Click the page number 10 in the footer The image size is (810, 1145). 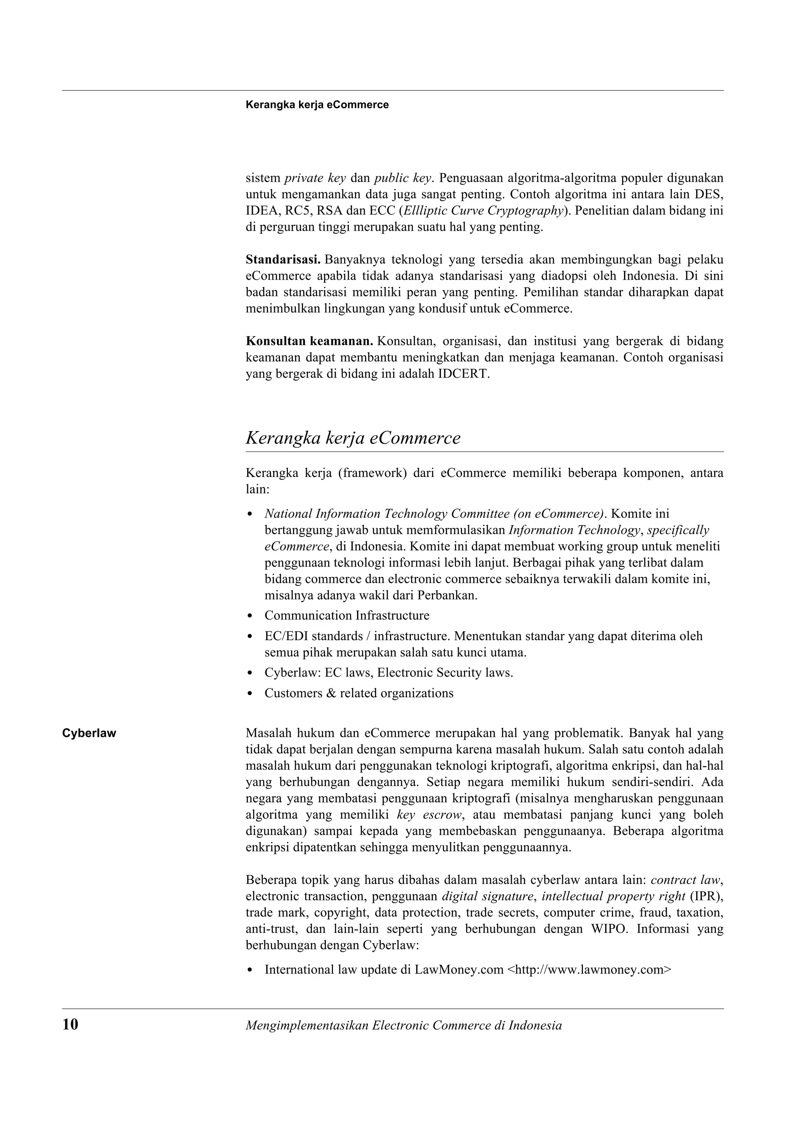[x=70, y=1025]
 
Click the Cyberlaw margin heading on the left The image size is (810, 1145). [x=89, y=733]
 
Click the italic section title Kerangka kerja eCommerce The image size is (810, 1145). [x=353, y=438]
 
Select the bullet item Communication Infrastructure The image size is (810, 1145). [x=347, y=616]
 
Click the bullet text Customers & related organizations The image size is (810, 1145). [x=359, y=693]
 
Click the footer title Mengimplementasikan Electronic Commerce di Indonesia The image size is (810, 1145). [x=403, y=1025]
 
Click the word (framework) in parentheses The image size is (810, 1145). [x=372, y=473]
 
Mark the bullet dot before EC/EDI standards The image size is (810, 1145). [x=250, y=637]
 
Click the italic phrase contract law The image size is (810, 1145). [x=687, y=880]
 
